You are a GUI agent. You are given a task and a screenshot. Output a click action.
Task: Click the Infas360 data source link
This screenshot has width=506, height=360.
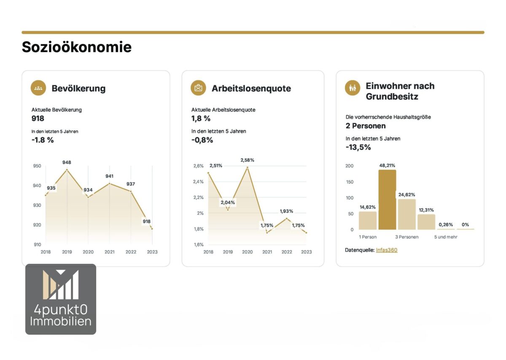point(387,250)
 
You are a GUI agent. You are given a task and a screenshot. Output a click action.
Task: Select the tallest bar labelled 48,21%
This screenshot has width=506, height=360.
point(387,200)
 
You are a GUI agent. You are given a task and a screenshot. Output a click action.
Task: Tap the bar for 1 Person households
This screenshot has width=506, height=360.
point(368,220)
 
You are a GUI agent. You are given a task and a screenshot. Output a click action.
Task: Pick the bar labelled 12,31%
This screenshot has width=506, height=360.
point(426,222)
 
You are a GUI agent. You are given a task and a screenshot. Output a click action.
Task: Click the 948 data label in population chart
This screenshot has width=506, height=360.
point(67,162)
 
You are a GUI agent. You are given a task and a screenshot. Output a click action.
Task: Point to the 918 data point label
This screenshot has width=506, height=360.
point(147,221)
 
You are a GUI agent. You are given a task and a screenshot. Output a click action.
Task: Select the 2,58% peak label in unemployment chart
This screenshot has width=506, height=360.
point(248,160)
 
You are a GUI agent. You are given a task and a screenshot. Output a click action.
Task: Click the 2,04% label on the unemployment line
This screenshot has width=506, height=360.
point(228,202)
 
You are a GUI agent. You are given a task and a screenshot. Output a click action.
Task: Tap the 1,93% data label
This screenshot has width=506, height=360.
point(286,211)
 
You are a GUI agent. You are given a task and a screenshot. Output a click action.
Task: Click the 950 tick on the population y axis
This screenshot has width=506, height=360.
point(37,166)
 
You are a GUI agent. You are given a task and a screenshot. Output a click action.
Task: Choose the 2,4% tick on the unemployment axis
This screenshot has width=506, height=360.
point(198,182)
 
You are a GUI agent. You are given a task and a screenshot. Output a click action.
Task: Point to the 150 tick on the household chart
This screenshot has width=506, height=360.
point(350,182)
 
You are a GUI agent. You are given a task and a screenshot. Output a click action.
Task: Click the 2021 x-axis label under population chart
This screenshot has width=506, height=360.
point(110,252)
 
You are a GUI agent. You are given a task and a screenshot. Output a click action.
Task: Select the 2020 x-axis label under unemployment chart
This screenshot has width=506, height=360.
point(248,252)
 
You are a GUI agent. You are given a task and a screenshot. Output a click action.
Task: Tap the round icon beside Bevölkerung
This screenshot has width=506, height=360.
point(38,88)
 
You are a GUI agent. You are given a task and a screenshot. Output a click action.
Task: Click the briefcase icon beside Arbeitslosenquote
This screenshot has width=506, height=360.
point(198,88)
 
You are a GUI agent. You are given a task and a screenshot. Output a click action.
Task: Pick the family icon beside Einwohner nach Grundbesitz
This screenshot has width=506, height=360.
point(353,88)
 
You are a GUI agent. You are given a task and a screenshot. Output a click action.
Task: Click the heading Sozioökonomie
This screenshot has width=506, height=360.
point(77,47)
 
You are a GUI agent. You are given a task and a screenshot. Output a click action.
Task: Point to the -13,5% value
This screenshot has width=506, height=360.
point(358,147)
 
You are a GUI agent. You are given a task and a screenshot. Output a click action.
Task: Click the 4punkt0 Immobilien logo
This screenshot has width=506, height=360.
point(61,299)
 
